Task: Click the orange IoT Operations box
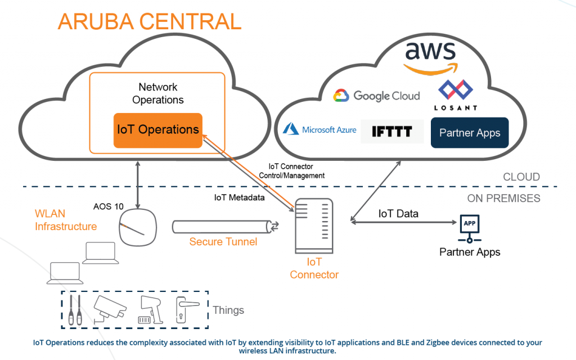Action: pos(157,130)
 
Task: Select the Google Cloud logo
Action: pos(376,96)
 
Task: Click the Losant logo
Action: pos(456,96)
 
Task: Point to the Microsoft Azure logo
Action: pos(319,129)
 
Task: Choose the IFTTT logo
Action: pos(392,132)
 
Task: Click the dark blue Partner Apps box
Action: pos(470,133)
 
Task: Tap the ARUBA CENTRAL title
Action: pos(149,21)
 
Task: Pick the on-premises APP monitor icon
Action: pos(469,224)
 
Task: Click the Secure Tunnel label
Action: pos(223,242)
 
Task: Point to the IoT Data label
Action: pos(398,213)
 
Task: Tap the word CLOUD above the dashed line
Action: pos(521,177)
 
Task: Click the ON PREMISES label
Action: pos(503,198)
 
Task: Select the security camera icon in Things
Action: pos(110,309)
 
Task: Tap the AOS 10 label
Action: pos(109,206)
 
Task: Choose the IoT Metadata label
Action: pos(240,198)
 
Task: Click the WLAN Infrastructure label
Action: pos(66,220)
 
